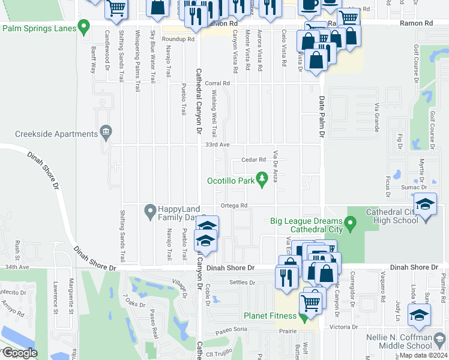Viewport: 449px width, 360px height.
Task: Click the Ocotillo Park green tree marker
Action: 262,178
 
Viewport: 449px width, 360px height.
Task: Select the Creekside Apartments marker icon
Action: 106,131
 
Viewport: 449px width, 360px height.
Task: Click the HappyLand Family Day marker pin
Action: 149,211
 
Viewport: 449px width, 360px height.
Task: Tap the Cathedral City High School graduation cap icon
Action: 425,206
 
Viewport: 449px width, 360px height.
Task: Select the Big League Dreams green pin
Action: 352,226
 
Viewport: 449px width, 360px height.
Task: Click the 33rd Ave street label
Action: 217,145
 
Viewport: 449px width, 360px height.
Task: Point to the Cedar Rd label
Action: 253,160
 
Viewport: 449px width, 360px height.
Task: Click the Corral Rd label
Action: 218,83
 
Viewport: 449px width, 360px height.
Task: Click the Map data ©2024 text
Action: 423,355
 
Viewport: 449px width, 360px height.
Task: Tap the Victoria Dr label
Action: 344,328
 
